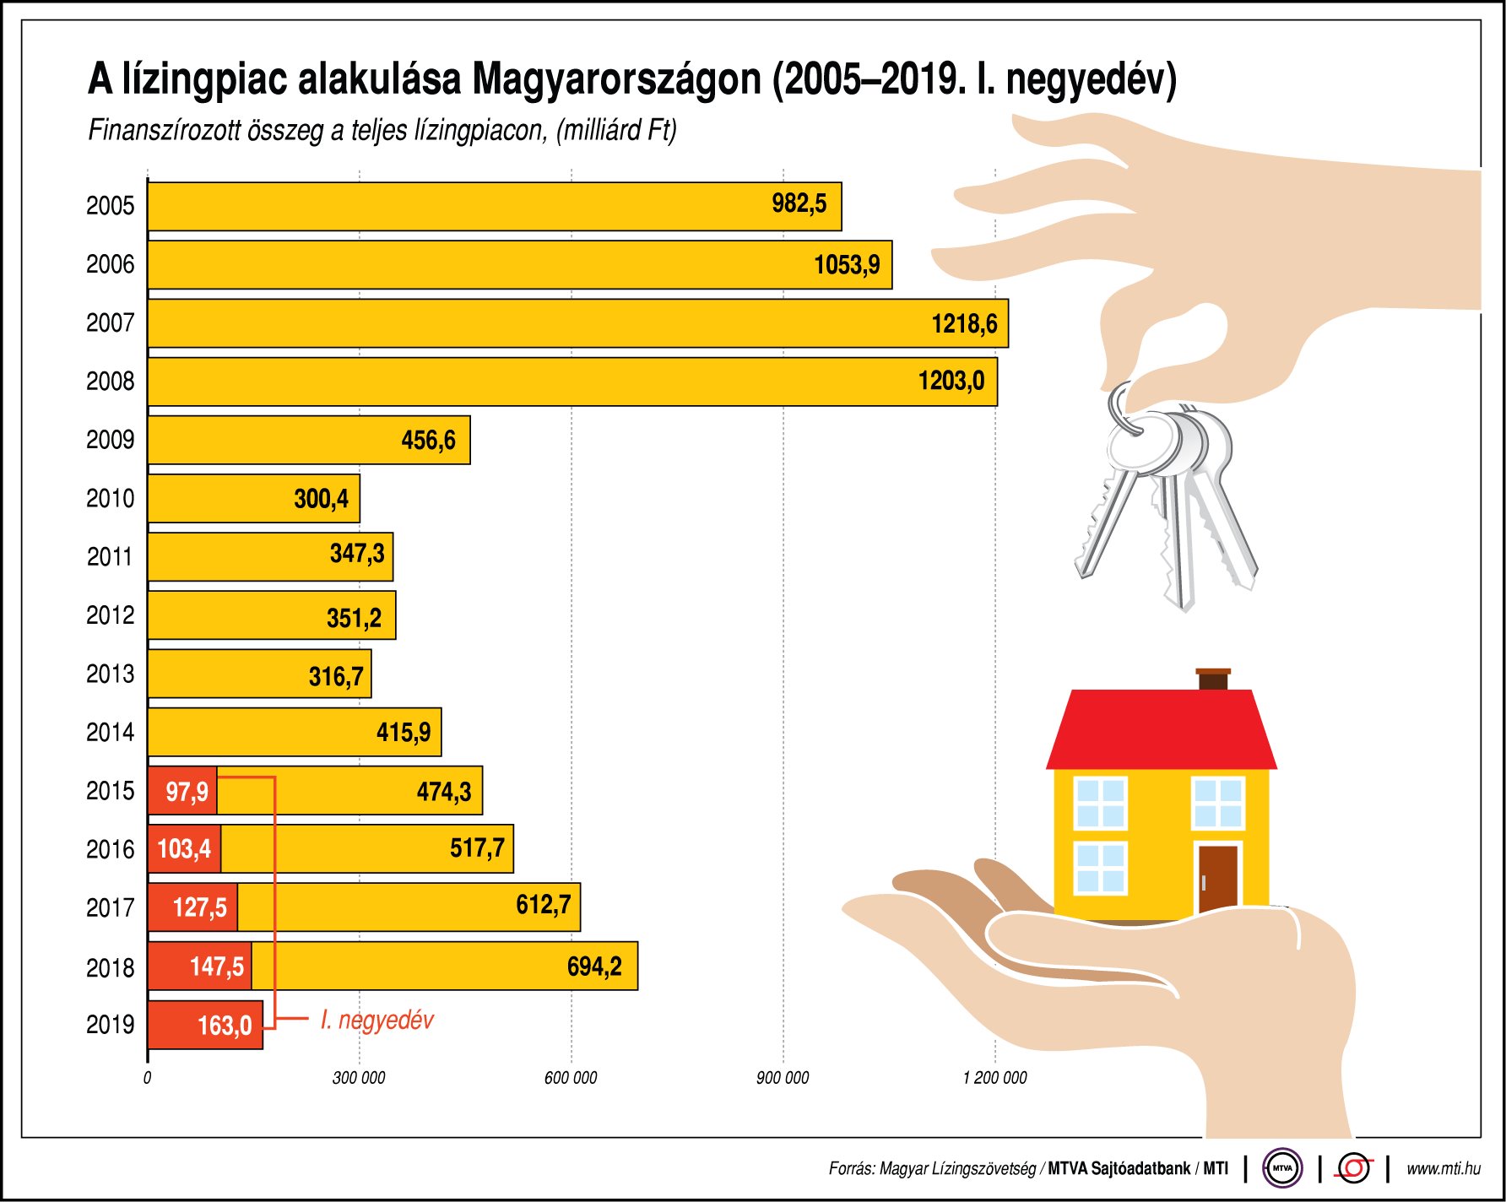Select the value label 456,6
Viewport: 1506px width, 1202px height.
428,440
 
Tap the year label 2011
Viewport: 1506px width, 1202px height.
110,557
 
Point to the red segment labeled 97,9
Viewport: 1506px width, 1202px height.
182,791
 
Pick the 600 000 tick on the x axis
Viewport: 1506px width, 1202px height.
571,1078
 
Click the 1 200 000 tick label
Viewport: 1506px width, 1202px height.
994,1078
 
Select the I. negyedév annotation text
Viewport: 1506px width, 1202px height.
376,1020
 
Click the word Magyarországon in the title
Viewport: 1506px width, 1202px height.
616,79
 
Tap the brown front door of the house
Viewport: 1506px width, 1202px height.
1217,879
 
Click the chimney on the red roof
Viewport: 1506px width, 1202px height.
1213,680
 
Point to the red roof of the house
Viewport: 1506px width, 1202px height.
1161,730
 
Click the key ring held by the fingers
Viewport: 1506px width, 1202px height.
1123,409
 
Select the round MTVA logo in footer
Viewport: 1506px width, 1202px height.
1282,1168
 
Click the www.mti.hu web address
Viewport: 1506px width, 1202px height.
1443,1168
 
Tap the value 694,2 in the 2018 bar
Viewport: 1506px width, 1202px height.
594,966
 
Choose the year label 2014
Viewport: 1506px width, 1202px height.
110,732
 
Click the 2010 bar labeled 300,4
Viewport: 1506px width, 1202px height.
253,498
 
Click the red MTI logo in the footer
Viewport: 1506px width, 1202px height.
1354,1168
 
